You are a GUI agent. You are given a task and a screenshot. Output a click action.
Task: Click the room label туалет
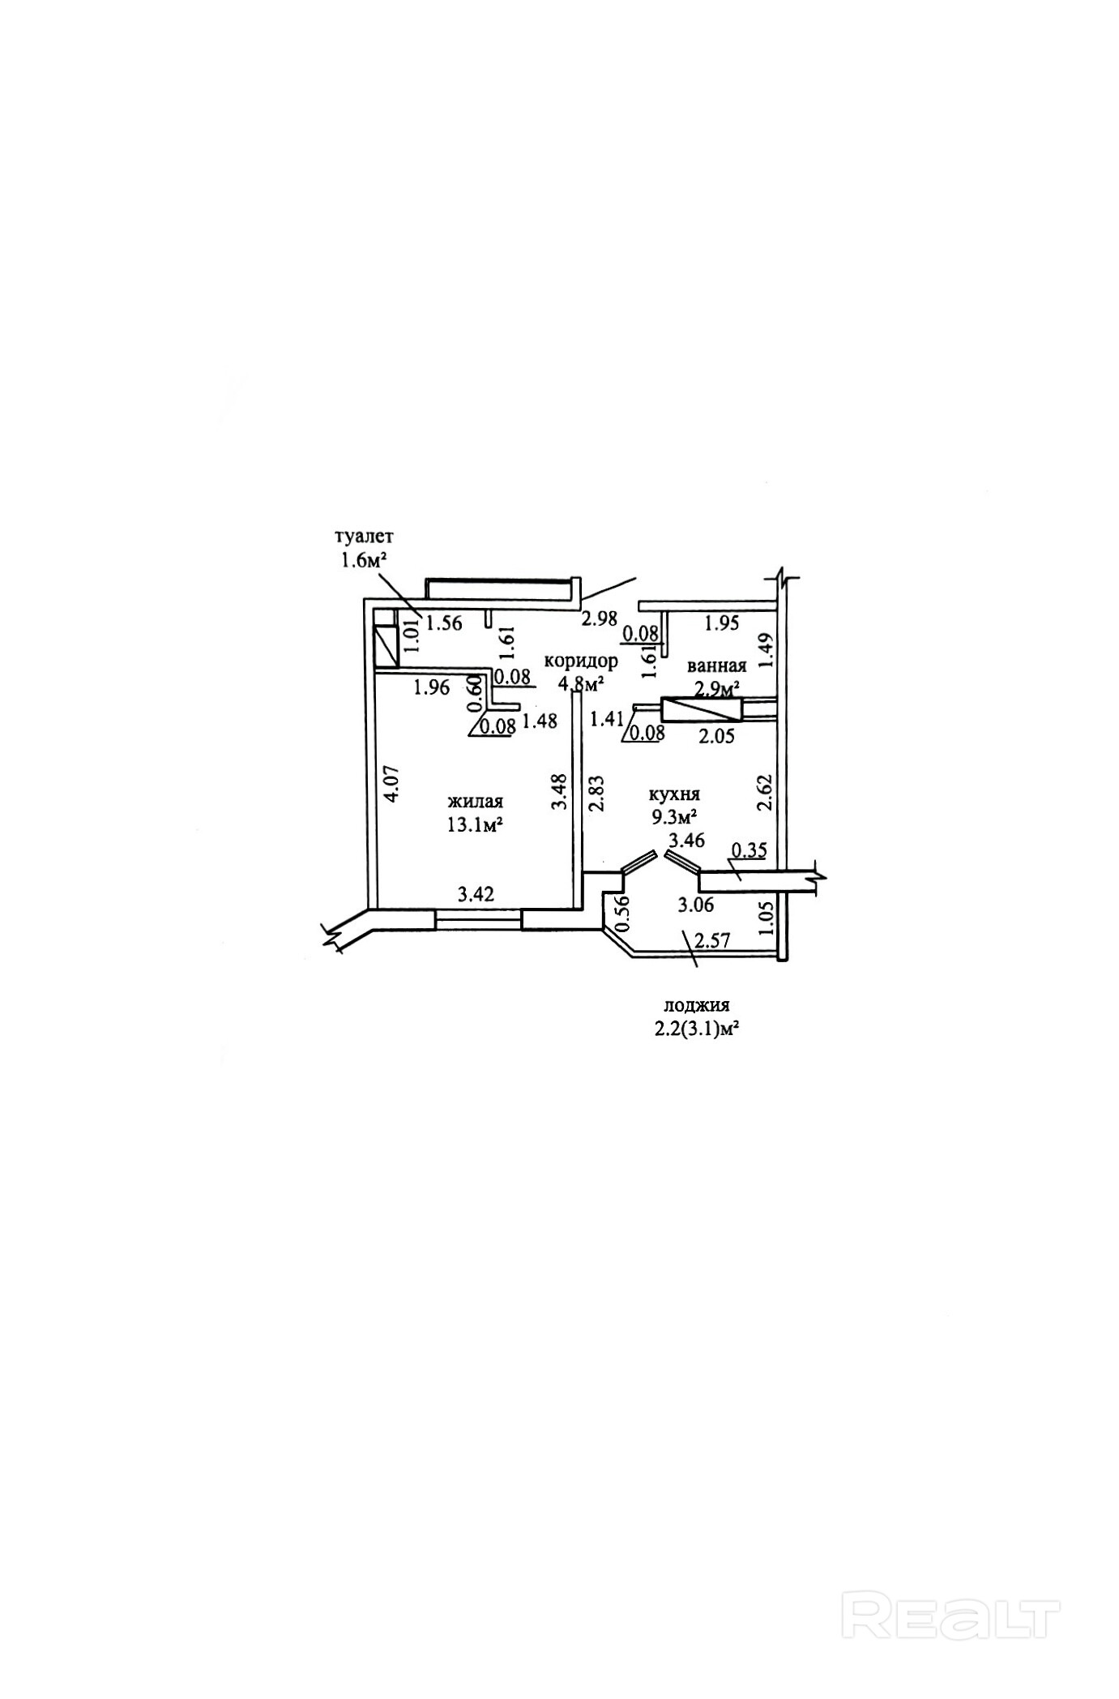364,536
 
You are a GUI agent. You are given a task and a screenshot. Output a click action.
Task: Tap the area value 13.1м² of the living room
476,825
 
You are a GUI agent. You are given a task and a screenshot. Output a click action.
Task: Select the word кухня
674,794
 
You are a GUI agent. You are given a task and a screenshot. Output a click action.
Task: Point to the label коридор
581,661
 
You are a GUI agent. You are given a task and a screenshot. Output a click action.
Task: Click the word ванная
716,666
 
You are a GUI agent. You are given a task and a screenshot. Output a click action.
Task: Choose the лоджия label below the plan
697,1005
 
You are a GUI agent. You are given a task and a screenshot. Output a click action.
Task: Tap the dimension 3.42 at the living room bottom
476,895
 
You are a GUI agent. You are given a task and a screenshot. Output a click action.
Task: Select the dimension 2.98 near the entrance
600,619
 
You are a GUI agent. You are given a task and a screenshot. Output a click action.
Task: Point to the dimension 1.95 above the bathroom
722,623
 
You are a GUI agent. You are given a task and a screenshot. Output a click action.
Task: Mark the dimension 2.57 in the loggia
714,941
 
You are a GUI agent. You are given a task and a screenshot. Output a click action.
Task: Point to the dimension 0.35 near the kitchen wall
750,850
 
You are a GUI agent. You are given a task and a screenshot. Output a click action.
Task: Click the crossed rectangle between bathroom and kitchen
702,710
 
